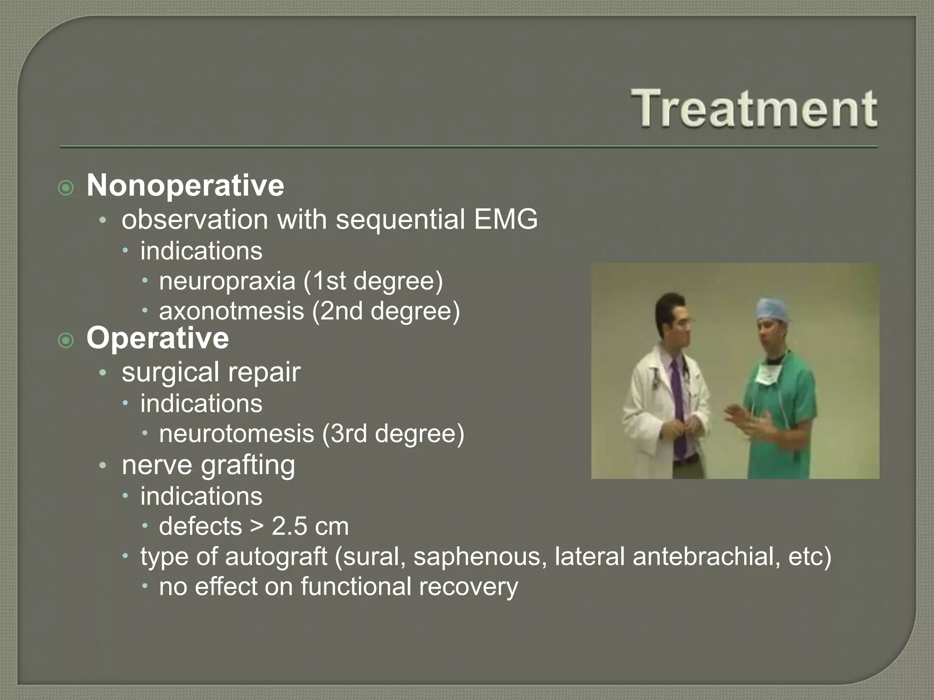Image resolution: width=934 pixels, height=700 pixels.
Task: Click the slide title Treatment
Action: (753, 108)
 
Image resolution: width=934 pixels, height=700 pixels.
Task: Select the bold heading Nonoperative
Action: (185, 185)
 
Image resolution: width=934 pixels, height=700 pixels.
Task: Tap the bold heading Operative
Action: (157, 338)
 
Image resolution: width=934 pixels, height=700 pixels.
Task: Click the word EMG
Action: (505, 219)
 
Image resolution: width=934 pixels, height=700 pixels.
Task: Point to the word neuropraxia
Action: (227, 281)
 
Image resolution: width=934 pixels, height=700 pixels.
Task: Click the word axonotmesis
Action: (231, 311)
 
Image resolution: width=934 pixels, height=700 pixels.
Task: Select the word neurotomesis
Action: (236, 433)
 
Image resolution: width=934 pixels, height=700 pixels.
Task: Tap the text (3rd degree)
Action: (393, 433)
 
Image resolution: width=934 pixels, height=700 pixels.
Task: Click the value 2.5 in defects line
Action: (289, 526)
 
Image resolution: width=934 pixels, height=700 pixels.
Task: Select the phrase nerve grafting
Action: (208, 465)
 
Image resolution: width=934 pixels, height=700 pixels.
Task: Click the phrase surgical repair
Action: (211, 372)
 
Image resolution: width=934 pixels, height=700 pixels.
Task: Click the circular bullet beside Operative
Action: (66, 340)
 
